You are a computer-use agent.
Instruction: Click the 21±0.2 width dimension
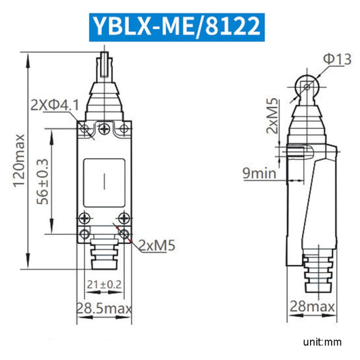[105, 284]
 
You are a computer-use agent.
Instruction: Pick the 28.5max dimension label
[104, 309]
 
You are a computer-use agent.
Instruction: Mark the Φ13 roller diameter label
[336, 60]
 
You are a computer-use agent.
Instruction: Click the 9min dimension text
[260, 174]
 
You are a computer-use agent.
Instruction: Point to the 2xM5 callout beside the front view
[157, 245]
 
